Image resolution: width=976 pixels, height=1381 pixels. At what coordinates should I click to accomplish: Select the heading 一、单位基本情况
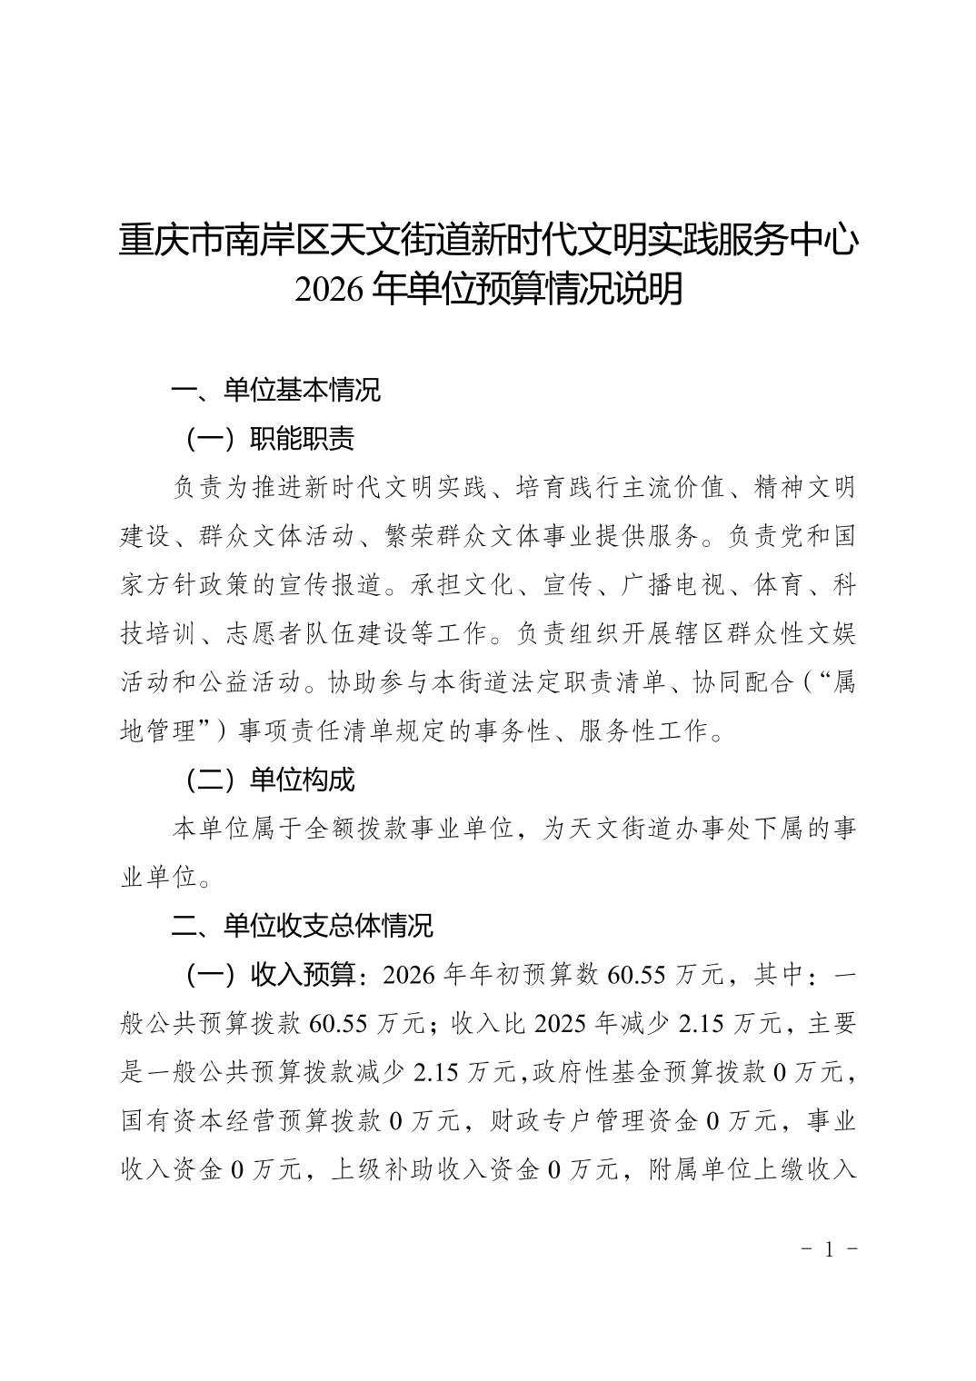(x=276, y=390)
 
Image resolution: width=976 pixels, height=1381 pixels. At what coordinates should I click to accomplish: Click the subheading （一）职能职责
(x=269, y=439)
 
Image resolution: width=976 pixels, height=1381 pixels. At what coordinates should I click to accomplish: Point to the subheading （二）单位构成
(x=269, y=779)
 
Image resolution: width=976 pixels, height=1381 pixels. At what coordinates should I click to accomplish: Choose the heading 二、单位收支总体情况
(x=303, y=926)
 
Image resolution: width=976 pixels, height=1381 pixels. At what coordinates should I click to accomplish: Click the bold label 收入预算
(x=302, y=975)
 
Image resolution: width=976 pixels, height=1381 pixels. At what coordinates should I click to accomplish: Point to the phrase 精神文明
(x=805, y=488)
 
